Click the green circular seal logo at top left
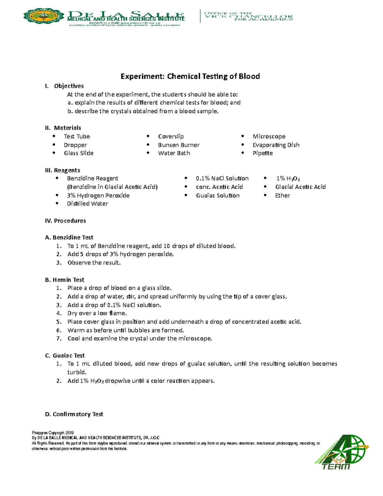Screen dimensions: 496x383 coord(44,16)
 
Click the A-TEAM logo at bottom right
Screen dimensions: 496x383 coord(341,452)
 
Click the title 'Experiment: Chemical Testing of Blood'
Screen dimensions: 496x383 coord(190,76)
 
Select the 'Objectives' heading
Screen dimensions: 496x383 coord(69,86)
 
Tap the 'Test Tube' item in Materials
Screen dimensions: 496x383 coord(77,136)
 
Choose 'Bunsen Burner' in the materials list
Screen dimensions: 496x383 coord(179,145)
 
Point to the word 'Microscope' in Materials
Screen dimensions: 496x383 coord(269,136)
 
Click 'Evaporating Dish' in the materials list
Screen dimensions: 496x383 coord(276,145)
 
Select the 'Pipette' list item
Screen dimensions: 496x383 coord(262,153)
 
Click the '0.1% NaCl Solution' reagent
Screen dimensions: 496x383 coord(222,179)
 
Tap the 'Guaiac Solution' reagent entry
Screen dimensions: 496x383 coord(218,195)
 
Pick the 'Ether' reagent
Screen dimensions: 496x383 coord(282,195)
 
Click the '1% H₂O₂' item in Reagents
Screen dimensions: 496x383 coord(288,179)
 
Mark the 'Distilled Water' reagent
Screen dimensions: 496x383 coord(87,204)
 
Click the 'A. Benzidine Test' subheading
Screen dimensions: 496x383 coord(69,237)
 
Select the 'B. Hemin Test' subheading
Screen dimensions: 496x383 coord(65,280)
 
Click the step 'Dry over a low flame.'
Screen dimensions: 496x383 coord(97,313)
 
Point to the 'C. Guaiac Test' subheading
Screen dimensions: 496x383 coord(65,355)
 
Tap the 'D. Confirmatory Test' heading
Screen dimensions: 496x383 coord(74,414)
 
